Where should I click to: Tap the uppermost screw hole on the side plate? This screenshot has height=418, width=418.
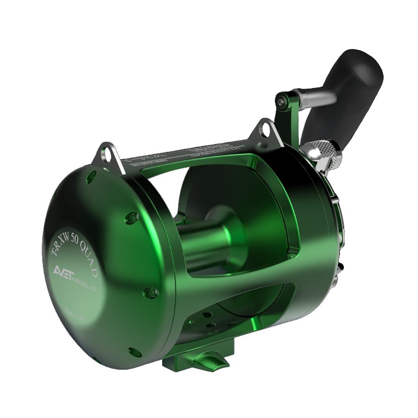[87, 180]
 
